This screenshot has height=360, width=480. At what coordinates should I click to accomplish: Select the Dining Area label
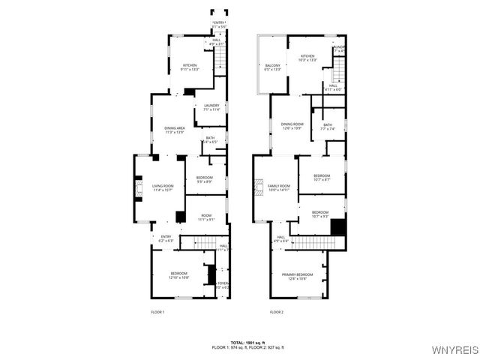pyautogui.click(x=174, y=130)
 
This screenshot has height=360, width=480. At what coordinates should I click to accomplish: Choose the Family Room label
pyautogui.click(x=277, y=187)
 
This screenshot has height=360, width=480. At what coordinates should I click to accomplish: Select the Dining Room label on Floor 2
pyautogui.click(x=292, y=125)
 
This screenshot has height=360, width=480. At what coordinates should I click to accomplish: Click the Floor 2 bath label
pyautogui.click(x=328, y=127)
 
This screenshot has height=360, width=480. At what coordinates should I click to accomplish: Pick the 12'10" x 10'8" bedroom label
pyautogui.click(x=178, y=275)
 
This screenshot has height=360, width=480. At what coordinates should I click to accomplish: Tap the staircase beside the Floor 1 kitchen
pyautogui.click(x=220, y=60)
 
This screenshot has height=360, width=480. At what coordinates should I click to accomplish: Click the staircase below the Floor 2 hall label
pyautogui.click(x=311, y=242)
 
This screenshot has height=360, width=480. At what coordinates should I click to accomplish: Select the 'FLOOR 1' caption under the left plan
pyautogui.click(x=157, y=311)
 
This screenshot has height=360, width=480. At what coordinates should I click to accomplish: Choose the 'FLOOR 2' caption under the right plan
pyautogui.click(x=277, y=311)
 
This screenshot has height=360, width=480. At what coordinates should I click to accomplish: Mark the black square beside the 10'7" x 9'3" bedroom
pyautogui.click(x=337, y=226)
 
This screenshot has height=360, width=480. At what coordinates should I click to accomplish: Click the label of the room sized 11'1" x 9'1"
pyautogui.click(x=206, y=217)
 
